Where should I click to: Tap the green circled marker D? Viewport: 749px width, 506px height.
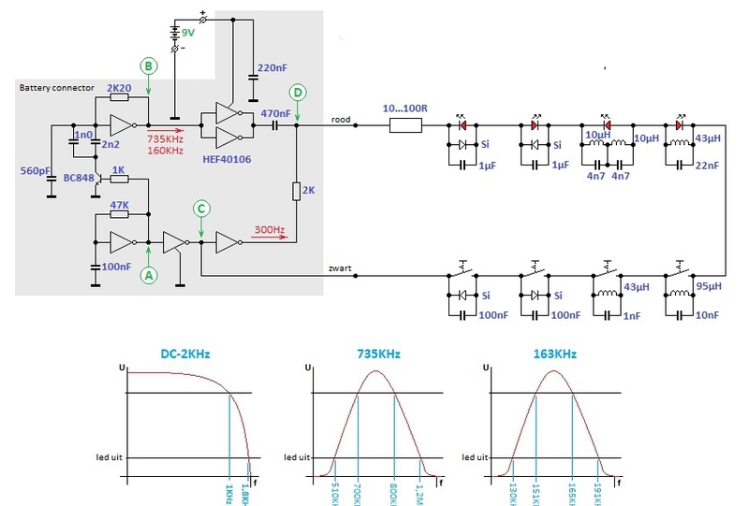(x=297, y=94)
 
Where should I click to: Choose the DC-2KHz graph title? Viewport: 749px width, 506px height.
(x=184, y=355)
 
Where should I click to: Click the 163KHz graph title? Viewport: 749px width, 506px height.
(x=551, y=355)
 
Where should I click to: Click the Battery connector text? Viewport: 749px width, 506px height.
(x=56, y=87)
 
